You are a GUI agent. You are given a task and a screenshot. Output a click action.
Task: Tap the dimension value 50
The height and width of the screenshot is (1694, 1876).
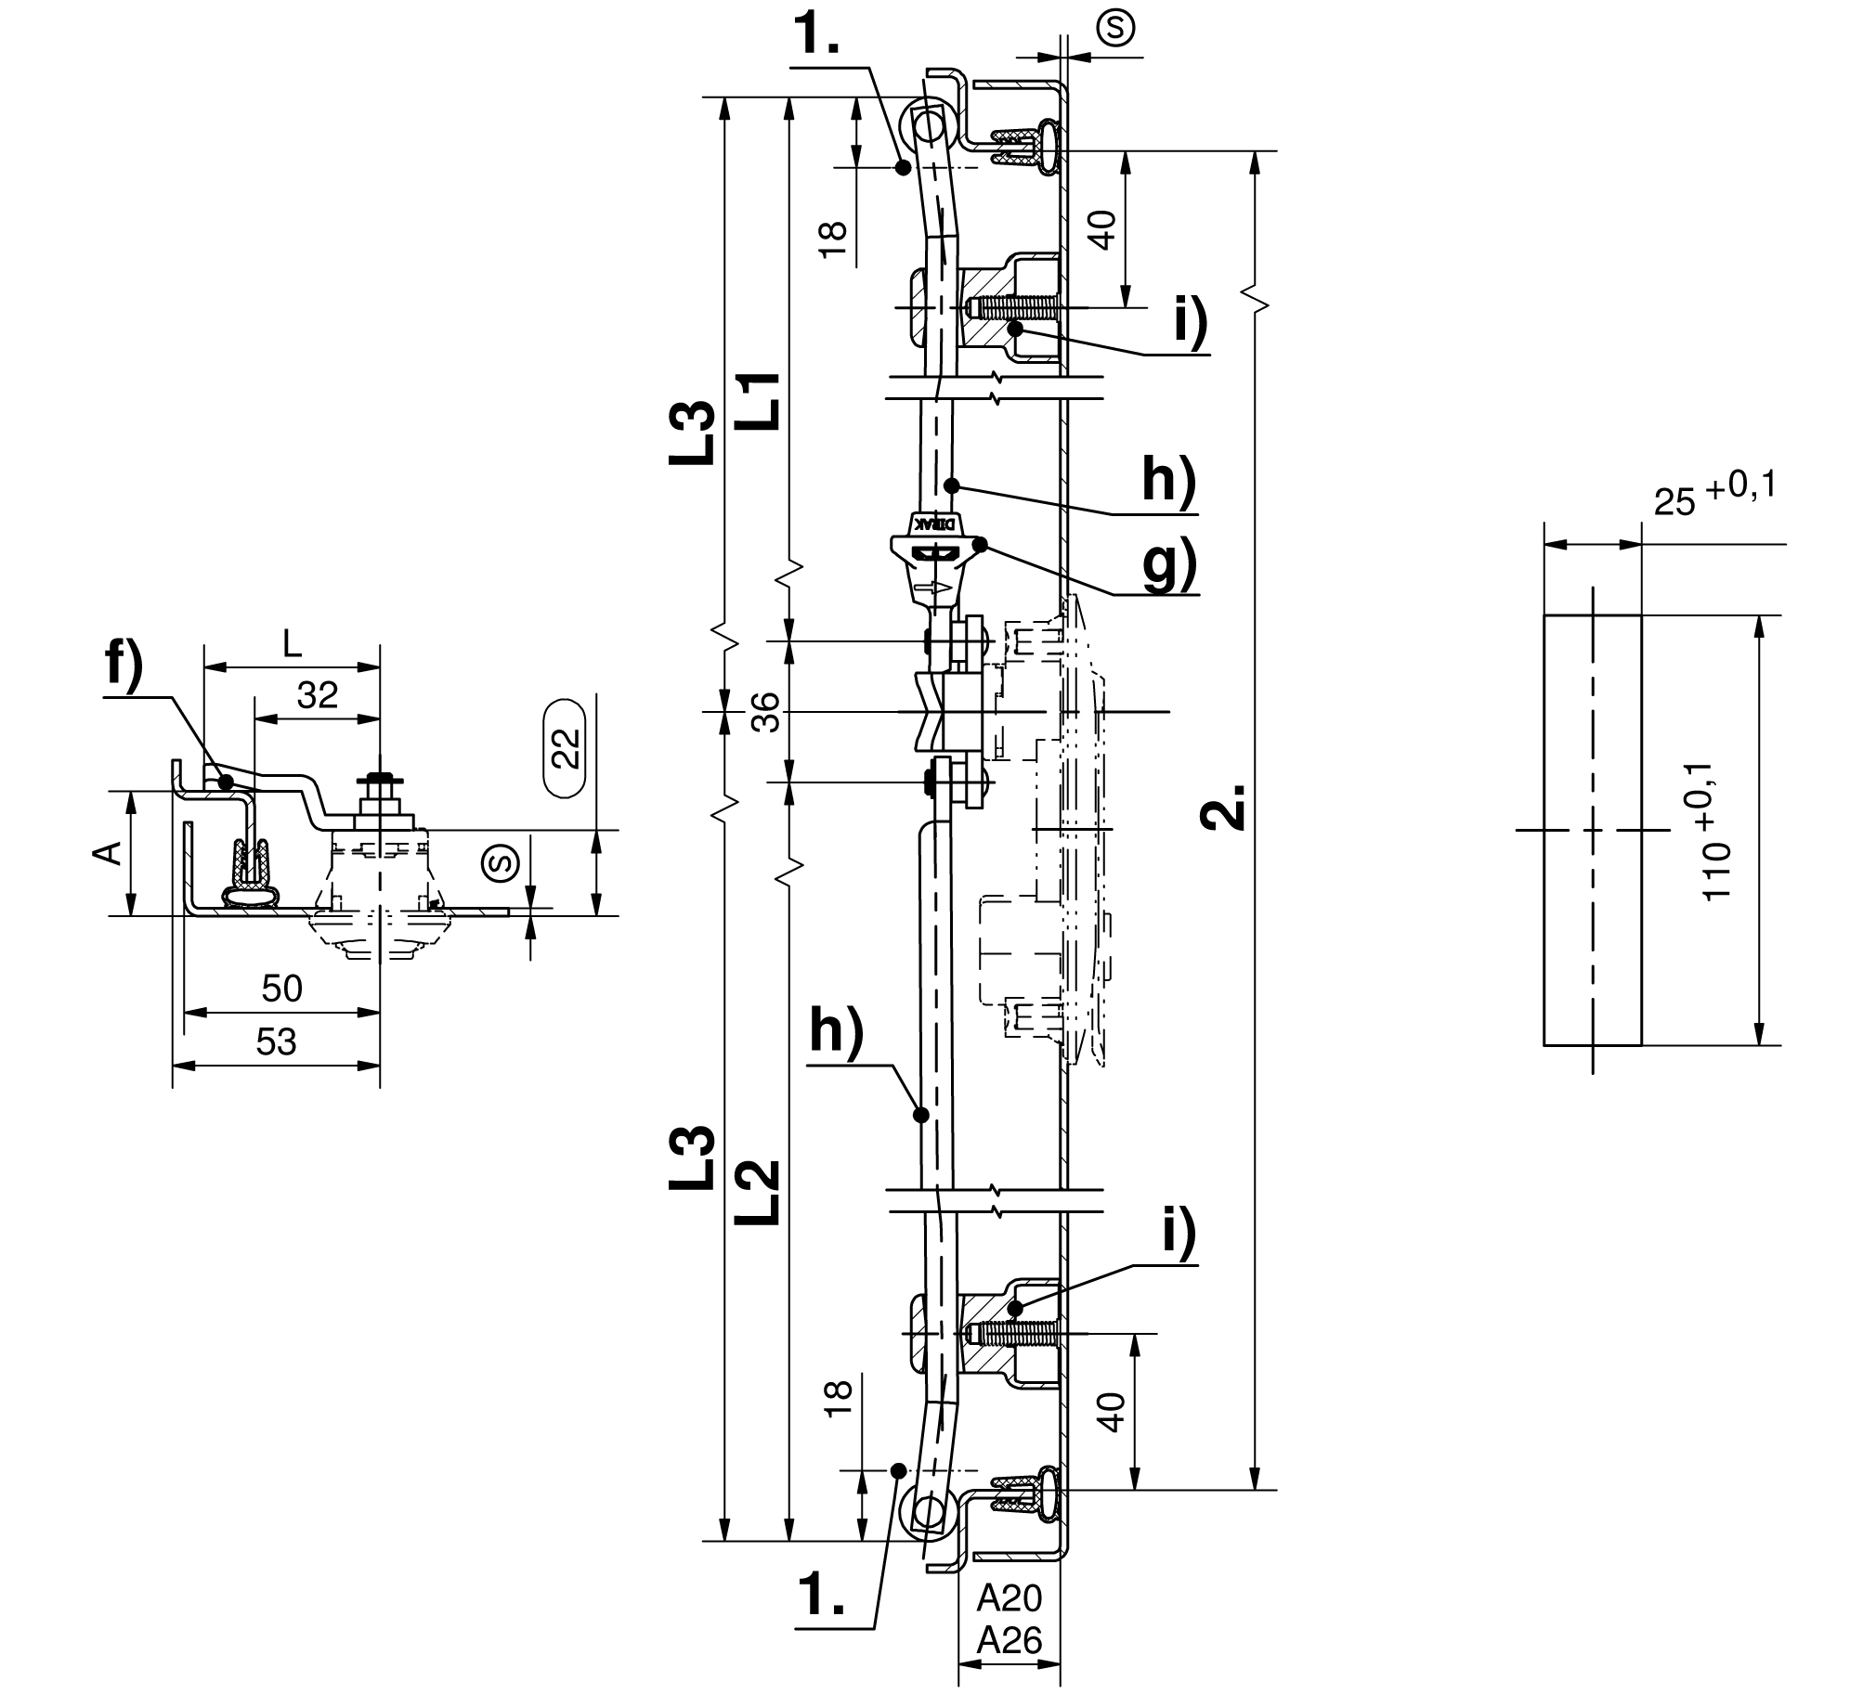pos(282,989)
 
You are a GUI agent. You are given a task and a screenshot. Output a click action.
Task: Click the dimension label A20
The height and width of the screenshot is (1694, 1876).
pos(1010,1598)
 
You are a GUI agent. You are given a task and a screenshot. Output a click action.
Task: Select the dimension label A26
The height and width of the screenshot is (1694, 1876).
pos(1010,1641)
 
